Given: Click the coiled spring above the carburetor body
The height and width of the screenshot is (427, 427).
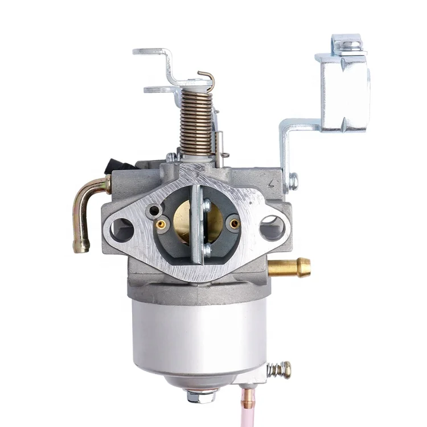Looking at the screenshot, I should [x=195, y=122].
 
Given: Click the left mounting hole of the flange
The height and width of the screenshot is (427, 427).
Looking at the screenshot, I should [x=121, y=229].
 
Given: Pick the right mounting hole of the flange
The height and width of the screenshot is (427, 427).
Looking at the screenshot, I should [x=272, y=228].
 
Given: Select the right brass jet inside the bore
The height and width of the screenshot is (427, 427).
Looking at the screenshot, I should [x=233, y=224].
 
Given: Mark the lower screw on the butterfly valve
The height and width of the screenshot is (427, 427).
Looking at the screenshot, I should [x=206, y=249].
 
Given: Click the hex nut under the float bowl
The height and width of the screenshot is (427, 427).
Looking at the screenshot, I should [x=200, y=396].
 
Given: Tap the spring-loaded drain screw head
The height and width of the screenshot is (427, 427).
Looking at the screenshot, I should [x=280, y=370].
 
